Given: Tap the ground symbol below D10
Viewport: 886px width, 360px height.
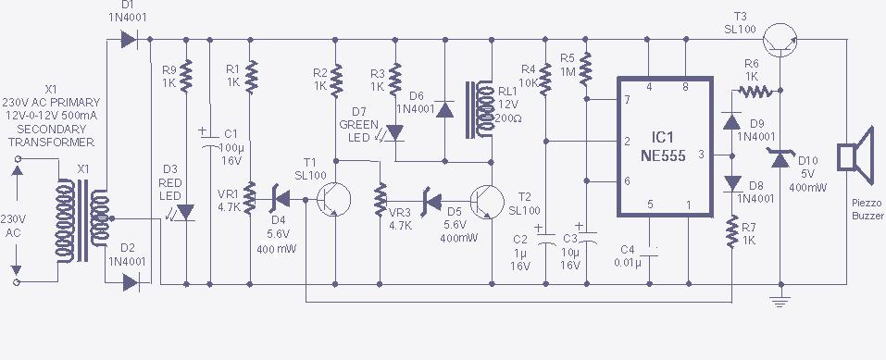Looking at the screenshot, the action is pyautogui.click(x=780, y=301).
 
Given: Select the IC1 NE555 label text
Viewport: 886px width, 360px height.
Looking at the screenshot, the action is pyautogui.click(x=663, y=149).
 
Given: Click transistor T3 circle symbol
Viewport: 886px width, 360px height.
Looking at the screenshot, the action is pyautogui.click(x=780, y=40).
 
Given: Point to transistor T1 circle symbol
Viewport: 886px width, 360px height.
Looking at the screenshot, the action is pyautogui.click(x=333, y=199).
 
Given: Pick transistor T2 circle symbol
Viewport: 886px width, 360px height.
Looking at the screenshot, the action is pyautogui.click(x=487, y=202).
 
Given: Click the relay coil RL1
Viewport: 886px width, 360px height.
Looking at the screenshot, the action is pyautogui.click(x=480, y=109).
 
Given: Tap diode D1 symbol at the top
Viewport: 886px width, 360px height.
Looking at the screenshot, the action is pyautogui.click(x=129, y=40).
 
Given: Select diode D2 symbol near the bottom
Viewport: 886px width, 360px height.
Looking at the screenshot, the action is pyautogui.click(x=131, y=282).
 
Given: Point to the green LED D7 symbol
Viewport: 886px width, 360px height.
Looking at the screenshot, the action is pyautogui.click(x=393, y=133).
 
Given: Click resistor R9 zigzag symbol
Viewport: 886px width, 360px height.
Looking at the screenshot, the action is pyautogui.click(x=186, y=76).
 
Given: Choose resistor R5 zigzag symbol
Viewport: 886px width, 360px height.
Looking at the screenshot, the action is pyautogui.click(x=586, y=68).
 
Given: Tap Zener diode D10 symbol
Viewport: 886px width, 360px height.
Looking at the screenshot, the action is pyautogui.click(x=780, y=159).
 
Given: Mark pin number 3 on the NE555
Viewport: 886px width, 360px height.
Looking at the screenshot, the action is pyautogui.click(x=701, y=154).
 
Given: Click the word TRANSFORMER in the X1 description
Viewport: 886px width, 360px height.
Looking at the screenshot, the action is pyautogui.click(x=52, y=142).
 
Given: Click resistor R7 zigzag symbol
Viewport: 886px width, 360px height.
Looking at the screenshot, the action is pyautogui.click(x=732, y=231).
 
